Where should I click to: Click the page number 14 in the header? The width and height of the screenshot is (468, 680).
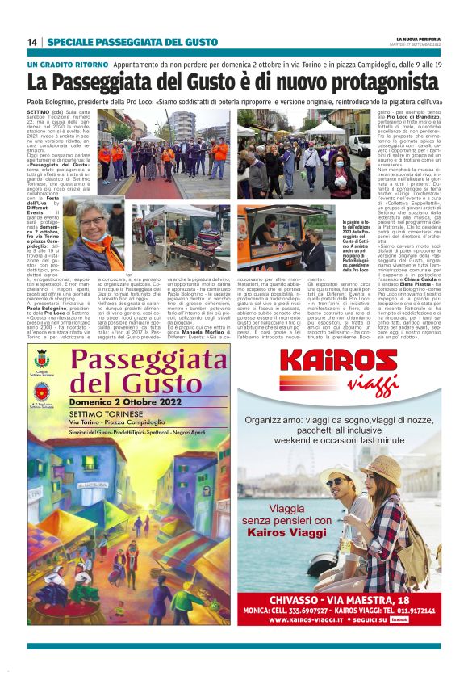click(x=32, y=42)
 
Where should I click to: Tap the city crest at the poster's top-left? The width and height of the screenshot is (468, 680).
click(x=42, y=356)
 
